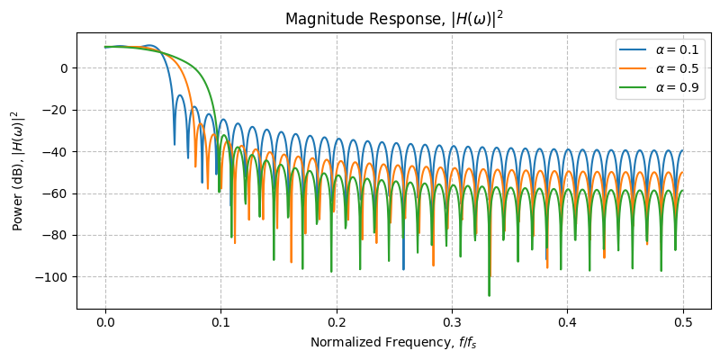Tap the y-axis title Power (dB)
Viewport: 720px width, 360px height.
coord(16,170)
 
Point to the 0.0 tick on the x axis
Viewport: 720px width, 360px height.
coord(105,321)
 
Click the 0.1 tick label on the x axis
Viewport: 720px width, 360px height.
coord(220,321)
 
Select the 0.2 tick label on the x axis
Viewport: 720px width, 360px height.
coord(337,321)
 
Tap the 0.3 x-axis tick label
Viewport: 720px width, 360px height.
coord(452,321)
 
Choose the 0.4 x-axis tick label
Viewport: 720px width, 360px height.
coord(568,321)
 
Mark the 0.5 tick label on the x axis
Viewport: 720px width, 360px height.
coord(683,321)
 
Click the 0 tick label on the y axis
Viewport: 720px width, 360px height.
coord(64,68)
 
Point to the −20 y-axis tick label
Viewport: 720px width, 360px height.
coord(56,110)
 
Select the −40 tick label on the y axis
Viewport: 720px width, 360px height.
coord(56,152)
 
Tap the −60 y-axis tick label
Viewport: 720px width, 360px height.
coord(56,193)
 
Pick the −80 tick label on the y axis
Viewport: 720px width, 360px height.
coord(56,235)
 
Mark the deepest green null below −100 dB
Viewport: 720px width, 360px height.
coord(490,294)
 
